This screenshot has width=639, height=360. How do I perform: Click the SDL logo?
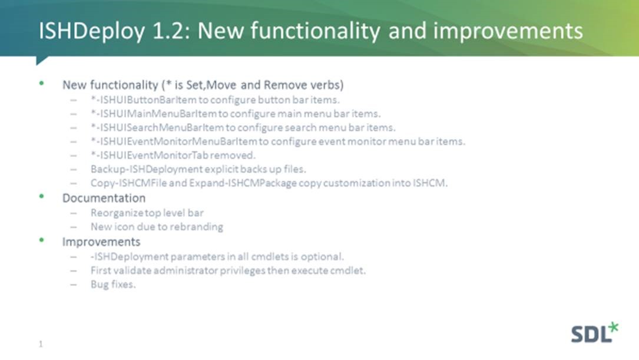pos(595,333)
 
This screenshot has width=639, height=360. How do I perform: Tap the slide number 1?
pos(41,344)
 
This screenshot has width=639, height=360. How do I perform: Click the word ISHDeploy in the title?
pos(92,31)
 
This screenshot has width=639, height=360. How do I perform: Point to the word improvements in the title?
pos(508,31)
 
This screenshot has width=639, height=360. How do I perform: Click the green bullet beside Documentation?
pos(41,196)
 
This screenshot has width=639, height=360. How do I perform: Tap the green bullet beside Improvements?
pos(41,240)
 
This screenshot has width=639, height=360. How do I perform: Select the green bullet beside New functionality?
pos(41,83)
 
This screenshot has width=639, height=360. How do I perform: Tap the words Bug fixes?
pos(113,284)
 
